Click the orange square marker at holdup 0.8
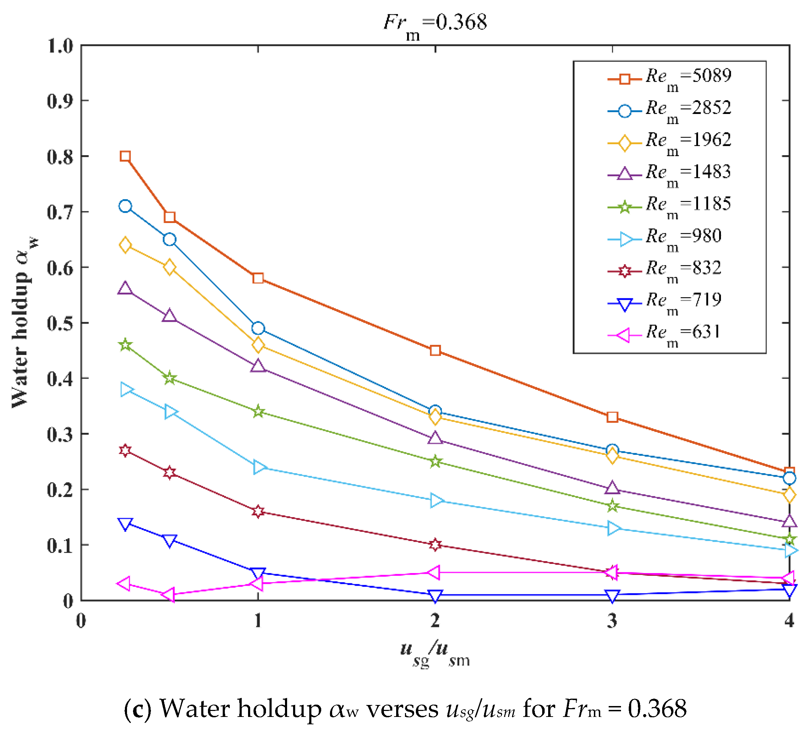pyautogui.click(x=125, y=156)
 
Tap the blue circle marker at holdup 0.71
pyautogui.click(x=125, y=206)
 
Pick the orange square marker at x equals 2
pyautogui.click(x=435, y=350)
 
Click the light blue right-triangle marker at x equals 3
pyautogui.click(x=613, y=528)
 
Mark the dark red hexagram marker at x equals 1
pyautogui.click(x=258, y=511)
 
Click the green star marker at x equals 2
pyautogui.click(x=435, y=462)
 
